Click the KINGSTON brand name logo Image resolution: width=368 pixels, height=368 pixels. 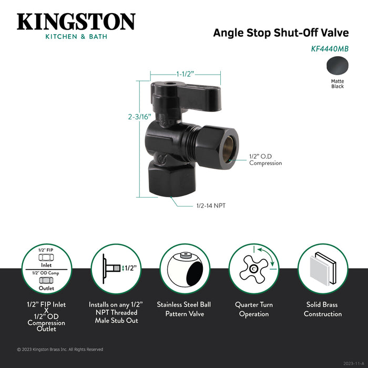[x=76, y=22]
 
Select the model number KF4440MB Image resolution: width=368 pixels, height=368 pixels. [x=330, y=49]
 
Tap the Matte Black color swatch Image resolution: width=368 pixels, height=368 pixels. [x=338, y=66]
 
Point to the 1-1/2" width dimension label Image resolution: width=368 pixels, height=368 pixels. [x=185, y=74]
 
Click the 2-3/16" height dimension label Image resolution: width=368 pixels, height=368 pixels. [x=139, y=117]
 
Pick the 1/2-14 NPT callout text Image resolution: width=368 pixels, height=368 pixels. [x=211, y=206]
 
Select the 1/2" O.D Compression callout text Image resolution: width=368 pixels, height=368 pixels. [x=265, y=160]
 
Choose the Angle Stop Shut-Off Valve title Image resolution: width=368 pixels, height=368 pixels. [x=281, y=33]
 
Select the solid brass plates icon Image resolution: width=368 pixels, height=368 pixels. [x=323, y=269]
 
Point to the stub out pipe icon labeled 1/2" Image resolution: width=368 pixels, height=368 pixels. [x=116, y=268]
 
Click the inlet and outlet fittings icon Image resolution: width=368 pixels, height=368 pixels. [x=46, y=269]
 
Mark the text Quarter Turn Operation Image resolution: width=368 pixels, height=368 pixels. [x=254, y=309]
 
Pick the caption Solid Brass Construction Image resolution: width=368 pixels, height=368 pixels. [x=323, y=309]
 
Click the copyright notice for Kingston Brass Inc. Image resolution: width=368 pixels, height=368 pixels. [x=60, y=350]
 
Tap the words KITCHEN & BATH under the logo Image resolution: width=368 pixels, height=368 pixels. [x=76, y=37]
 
